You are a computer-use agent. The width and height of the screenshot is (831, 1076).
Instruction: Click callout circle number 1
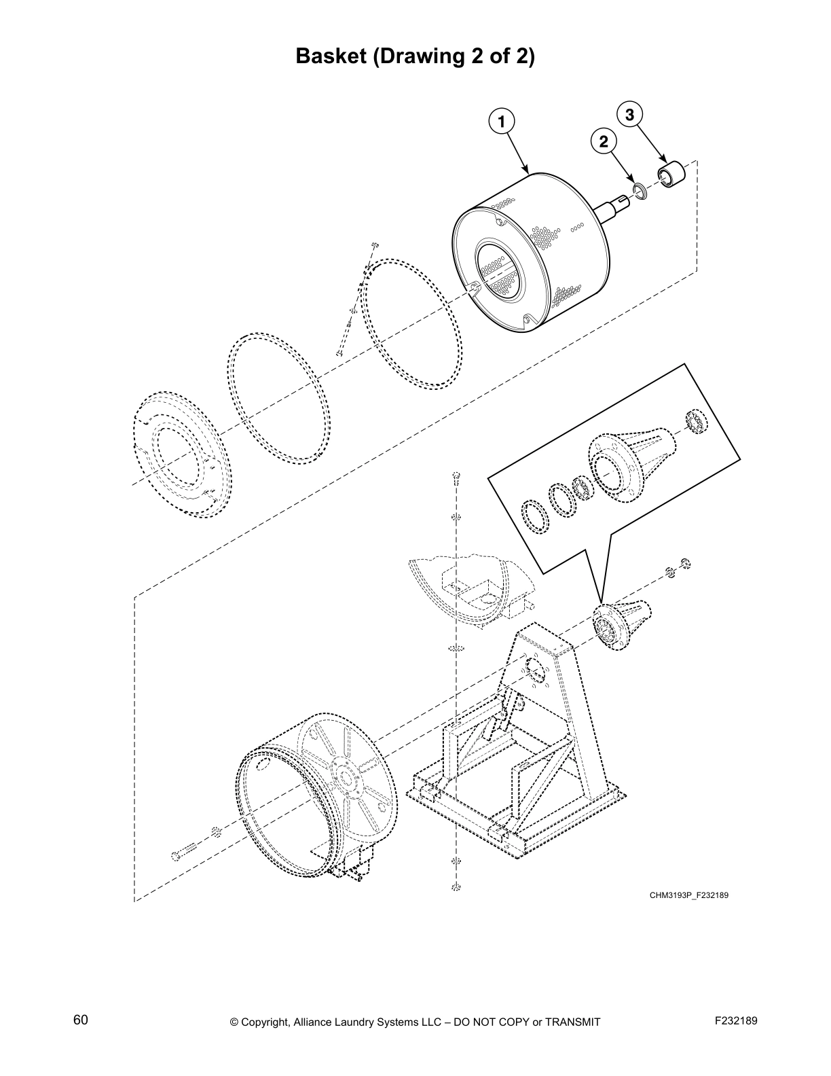501,122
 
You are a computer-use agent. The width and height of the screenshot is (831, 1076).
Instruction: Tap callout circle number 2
603,141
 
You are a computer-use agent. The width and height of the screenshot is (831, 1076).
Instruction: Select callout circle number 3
629,115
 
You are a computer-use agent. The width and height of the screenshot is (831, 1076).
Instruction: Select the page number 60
81,1020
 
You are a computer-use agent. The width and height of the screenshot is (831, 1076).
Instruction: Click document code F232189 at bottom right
736,1021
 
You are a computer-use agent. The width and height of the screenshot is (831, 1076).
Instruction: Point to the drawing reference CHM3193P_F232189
688,895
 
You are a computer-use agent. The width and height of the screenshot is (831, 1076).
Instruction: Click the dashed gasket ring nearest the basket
411,323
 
